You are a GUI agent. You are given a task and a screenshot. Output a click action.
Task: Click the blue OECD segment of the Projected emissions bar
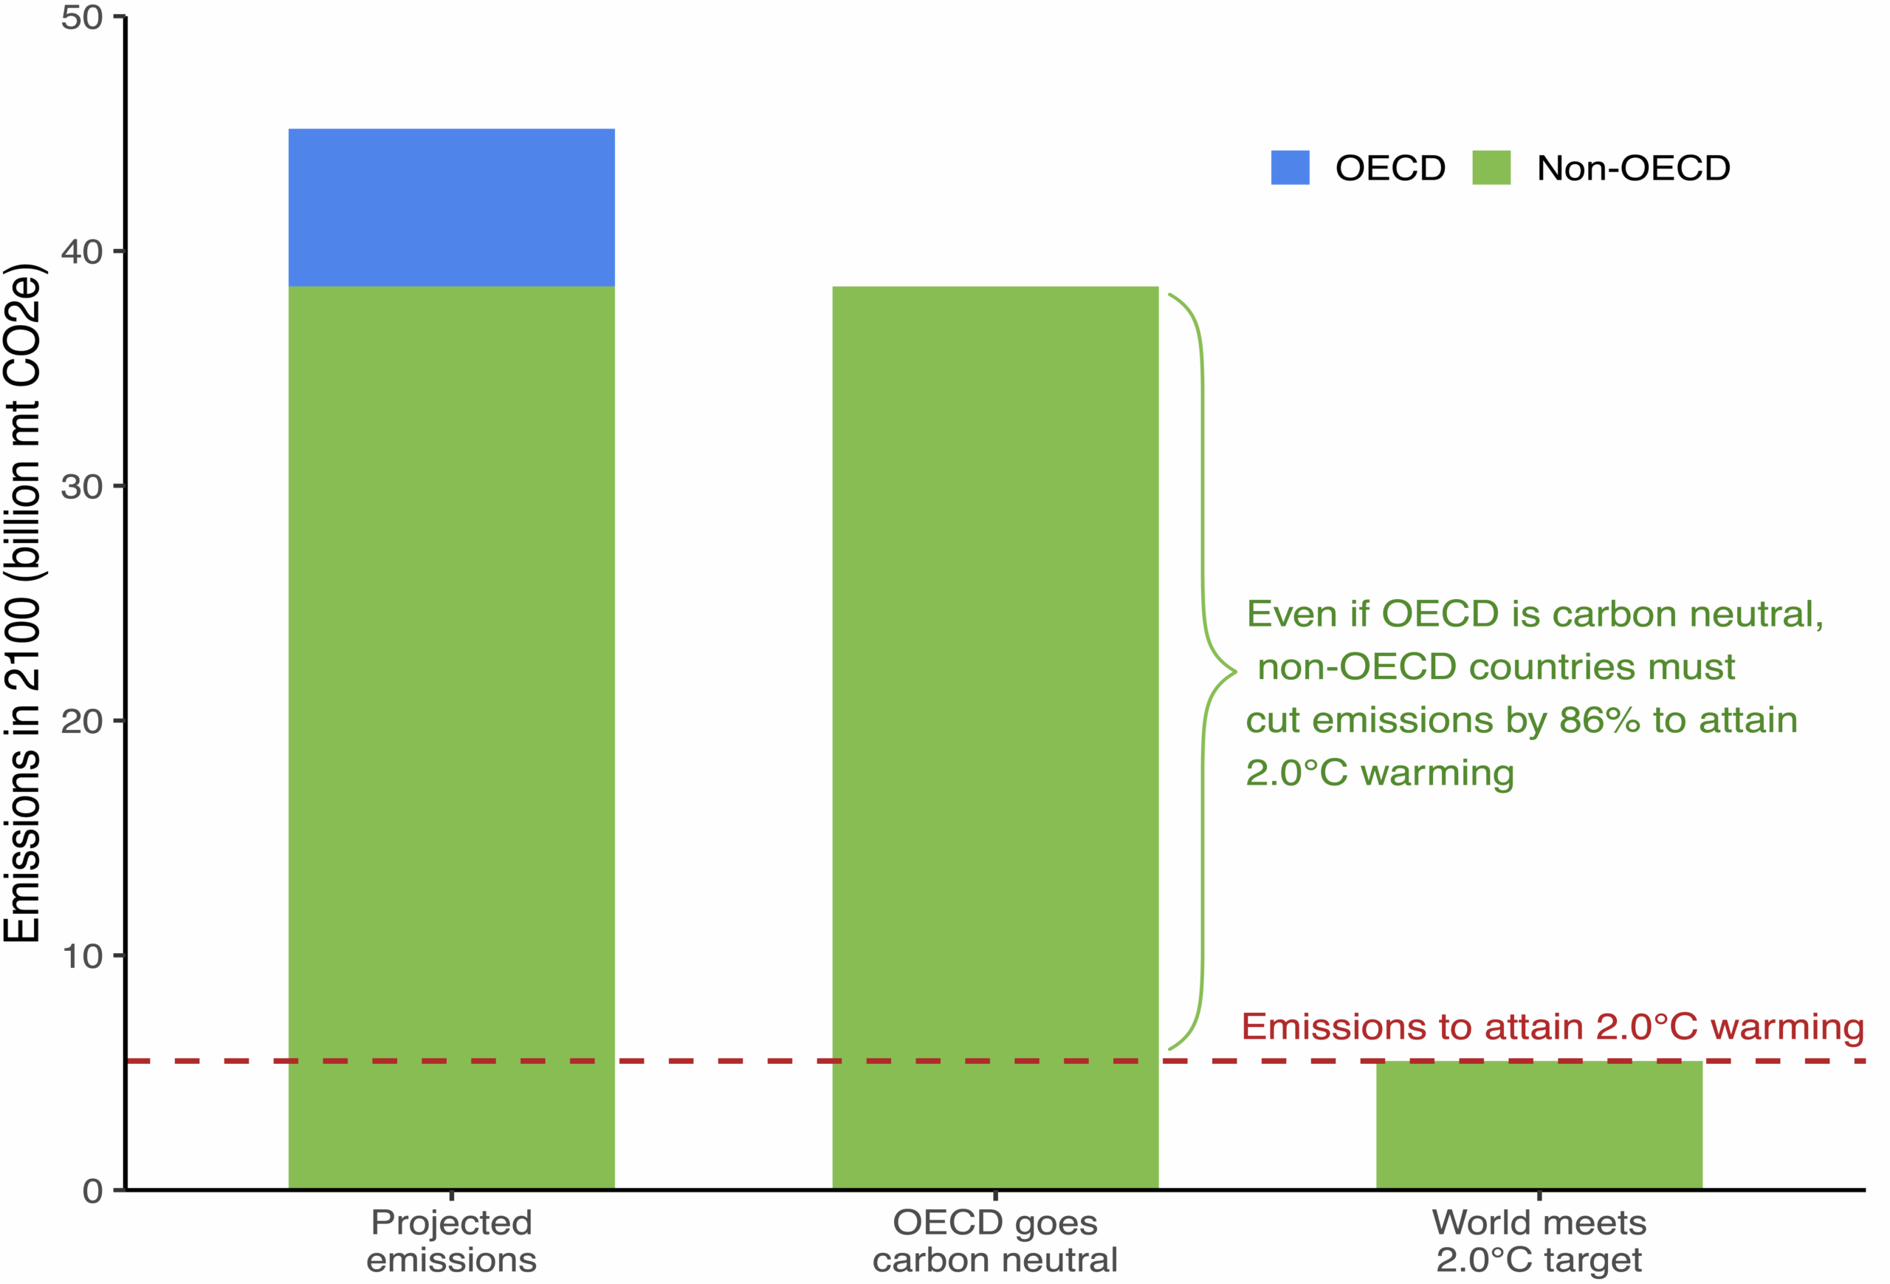[451, 208]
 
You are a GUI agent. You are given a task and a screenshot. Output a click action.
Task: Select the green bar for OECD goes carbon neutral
[994, 732]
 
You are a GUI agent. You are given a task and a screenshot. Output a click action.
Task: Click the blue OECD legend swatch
[1290, 168]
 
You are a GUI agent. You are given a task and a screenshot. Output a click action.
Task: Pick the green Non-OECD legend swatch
[1491, 168]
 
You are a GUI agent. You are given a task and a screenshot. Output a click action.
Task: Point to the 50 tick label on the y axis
[81, 18]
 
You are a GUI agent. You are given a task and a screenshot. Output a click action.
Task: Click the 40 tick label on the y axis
[81, 252]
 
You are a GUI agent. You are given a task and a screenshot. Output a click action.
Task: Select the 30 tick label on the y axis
[81, 487]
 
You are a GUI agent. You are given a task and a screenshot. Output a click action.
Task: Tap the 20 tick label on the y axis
[81, 721]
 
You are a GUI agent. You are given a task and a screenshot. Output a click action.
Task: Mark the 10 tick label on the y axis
[81, 956]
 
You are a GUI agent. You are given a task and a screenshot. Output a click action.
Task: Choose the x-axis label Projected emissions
[451, 1241]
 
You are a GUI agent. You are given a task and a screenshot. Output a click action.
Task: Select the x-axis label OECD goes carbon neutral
[994, 1241]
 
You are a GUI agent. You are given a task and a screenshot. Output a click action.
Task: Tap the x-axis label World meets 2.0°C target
[1539, 1241]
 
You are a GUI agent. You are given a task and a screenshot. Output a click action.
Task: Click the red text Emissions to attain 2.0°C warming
[1553, 1027]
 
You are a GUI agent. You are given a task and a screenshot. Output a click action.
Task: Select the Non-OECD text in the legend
[1633, 168]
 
